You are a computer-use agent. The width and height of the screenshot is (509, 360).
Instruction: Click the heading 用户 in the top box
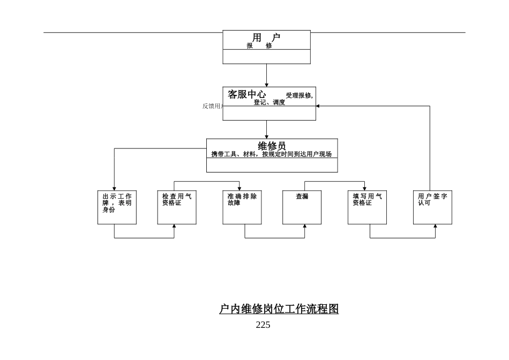pos(266,37)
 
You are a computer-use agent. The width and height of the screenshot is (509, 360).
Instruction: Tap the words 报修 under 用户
pos(259,46)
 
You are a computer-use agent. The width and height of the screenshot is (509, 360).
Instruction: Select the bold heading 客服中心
pos(247,94)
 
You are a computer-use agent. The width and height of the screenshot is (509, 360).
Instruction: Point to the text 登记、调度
pos(269,102)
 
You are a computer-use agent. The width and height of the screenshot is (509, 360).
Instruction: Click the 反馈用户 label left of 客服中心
pos(212,106)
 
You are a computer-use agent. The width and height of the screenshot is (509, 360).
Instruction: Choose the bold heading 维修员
pos(272,146)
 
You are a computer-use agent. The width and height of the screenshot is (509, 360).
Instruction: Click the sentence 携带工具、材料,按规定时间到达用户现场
pos(271,154)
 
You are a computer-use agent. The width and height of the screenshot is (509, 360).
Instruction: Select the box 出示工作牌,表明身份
pos(117,207)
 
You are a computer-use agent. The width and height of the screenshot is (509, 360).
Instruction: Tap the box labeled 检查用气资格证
pos(177,207)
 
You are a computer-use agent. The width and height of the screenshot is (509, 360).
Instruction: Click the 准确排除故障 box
pos(242,207)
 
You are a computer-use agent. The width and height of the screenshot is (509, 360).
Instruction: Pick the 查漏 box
pos(302,207)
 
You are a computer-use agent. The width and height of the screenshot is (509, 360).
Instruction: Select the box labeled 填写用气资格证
pos(367,207)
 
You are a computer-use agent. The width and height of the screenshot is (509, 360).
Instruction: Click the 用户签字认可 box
pos(432,207)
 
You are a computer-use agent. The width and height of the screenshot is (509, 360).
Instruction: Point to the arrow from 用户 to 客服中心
pos(266,75)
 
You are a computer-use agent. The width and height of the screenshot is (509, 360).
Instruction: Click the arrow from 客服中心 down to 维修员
pos(266,129)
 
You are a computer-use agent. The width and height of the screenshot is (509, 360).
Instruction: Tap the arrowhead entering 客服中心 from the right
pos(318,106)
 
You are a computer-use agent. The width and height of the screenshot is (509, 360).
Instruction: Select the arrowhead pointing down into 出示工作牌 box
pos(114,189)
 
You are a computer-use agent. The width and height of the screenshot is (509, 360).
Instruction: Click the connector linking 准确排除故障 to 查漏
pos(275,238)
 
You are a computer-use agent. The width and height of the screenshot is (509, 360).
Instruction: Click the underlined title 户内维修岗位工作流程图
pos(279,309)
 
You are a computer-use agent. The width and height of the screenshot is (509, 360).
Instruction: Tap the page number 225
pos(263,325)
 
